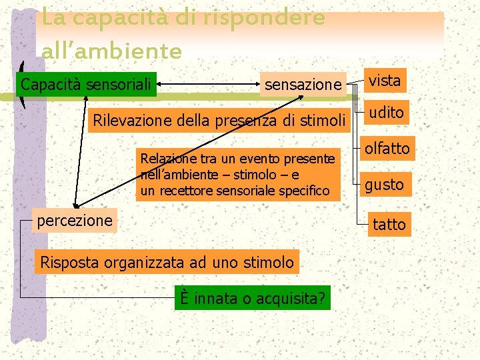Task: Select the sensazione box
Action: click(303, 85)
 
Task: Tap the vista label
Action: click(385, 81)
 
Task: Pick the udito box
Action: click(387, 113)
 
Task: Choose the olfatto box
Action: click(387, 148)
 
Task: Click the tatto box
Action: click(389, 225)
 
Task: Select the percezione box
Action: click(75, 220)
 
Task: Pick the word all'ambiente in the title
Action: click(111, 51)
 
